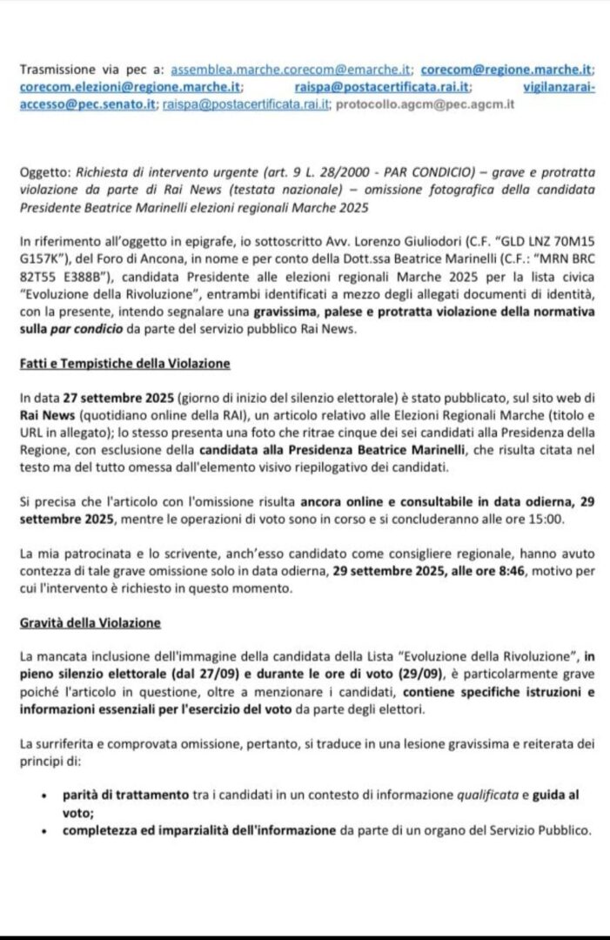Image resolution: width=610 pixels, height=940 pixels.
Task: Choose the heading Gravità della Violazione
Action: tap(89, 623)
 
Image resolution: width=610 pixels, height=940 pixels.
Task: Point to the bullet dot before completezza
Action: tap(44, 830)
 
